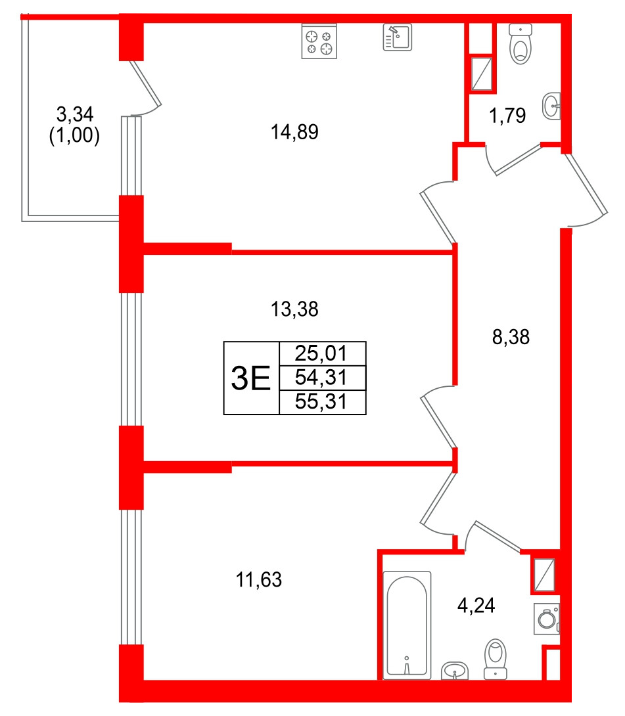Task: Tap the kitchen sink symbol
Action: [x=397, y=37]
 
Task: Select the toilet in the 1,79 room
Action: [x=521, y=45]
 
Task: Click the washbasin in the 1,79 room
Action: [x=552, y=106]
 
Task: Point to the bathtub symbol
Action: [x=407, y=625]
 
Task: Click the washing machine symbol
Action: [x=546, y=619]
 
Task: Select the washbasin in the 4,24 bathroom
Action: [x=455, y=670]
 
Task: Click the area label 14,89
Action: [x=294, y=133]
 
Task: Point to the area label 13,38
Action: [x=294, y=309]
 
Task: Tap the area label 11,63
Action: [x=258, y=580]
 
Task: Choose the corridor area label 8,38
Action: [x=511, y=338]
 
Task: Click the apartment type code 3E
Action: [x=251, y=378]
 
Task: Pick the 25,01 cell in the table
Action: [x=322, y=354]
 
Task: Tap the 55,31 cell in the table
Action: [x=322, y=402]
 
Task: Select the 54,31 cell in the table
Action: [x=322, y=378]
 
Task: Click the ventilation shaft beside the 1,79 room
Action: [x=481, y=74]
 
